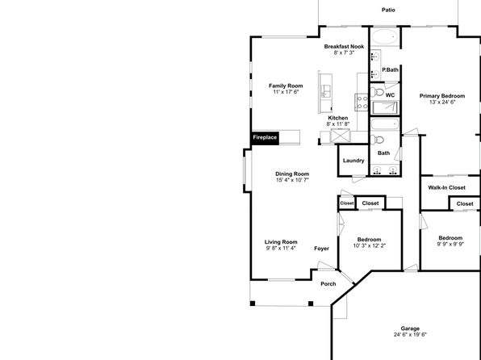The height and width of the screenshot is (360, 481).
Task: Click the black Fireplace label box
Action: coord(266,137)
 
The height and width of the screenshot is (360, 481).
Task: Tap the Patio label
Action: coord(388,10)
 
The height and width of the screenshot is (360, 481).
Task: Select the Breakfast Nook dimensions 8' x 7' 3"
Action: coord(344,52)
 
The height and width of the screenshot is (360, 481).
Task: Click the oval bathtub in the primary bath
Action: coord(385,37)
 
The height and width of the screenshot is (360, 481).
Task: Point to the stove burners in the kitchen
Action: coord(362,103)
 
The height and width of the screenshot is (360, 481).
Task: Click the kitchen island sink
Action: coord(326,91)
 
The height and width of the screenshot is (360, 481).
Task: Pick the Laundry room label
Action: coord(353,161)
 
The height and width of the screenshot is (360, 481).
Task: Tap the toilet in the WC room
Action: coord(377,92)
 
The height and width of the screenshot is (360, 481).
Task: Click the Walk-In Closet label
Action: coord(446,187)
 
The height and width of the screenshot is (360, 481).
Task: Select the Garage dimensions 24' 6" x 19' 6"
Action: coord(410,334)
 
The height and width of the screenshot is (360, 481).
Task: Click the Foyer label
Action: coord(321,249)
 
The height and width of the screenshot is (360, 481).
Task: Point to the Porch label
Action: coord(328,284)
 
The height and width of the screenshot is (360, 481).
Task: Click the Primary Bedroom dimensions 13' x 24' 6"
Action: coord(442,103)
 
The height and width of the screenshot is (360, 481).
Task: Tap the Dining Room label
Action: coord(292,174)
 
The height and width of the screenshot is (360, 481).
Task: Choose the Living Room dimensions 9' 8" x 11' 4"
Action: coord(281,248)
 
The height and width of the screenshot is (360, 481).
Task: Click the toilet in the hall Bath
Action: coord(377,140)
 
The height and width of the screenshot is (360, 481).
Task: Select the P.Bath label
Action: coord(390,69)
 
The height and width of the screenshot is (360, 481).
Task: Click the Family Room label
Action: coord(286,86)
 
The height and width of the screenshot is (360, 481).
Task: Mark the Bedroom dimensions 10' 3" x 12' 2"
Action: coord(370,245)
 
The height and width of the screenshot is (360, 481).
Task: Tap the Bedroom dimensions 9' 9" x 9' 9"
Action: coord(450,244)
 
